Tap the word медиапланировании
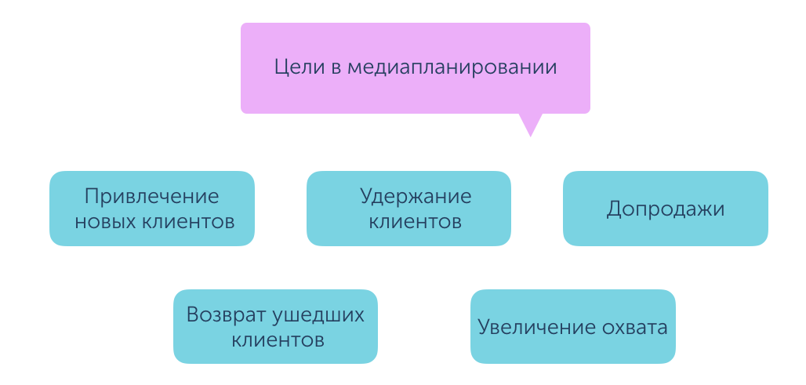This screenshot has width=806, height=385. click(x=452, y=68)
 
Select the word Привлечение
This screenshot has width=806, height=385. click(x=152, y=196)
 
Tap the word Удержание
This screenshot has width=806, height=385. click(x=416, y=197)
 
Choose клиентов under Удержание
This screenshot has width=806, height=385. click(x=416, y=222)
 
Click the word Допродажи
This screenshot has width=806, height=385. click(x=666, y=209)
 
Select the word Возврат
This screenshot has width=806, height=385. click(x=225, y=314)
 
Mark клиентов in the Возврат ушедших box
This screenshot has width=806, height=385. click(x=278, y=340)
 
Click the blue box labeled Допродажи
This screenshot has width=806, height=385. click(x=666, y=208)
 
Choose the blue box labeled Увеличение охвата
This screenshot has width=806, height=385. click(x=572, y=326)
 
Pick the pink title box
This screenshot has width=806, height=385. click(x=416, y=68)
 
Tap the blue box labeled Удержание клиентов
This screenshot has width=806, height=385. click(x=408, y=208)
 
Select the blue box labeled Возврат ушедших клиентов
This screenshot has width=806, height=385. click(x=275, y=326)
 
